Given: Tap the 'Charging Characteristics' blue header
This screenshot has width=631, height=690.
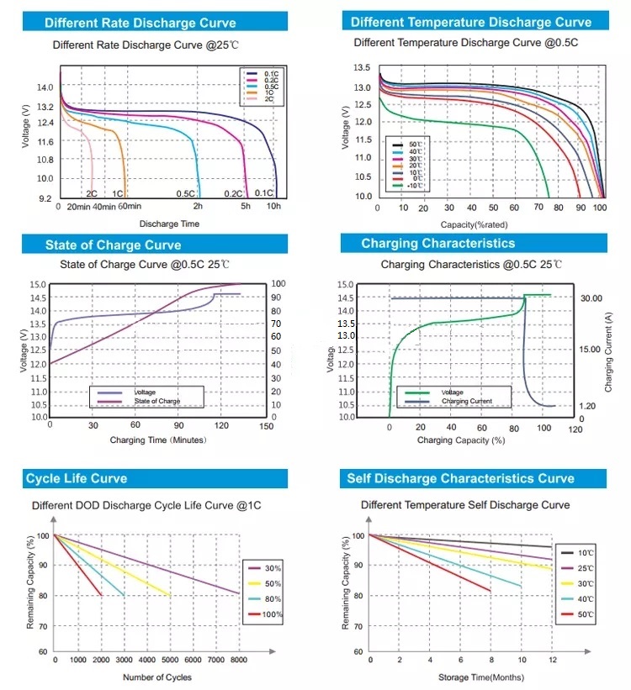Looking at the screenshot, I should click(437, 244).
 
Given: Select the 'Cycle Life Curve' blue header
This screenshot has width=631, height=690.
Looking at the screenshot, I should click(77, 478).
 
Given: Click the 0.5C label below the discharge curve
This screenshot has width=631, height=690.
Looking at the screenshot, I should click(186, 194).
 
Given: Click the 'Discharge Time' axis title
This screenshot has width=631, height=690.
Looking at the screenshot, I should click(169, 224).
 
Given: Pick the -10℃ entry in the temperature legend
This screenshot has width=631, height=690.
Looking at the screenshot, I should click(413, 186).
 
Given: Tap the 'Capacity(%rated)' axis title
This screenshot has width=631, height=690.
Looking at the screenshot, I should click(474, 225).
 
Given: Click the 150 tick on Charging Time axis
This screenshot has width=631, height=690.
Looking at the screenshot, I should click(267, 426).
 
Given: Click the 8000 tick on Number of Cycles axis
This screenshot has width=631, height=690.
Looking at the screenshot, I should click(238, 661).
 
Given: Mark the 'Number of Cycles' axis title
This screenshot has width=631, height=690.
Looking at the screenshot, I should click(157, 677).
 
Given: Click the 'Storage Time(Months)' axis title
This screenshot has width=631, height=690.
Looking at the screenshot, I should click(481, 677).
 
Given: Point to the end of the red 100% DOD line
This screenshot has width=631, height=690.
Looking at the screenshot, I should click(102, 595).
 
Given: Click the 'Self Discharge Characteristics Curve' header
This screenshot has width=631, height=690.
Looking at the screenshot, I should click(460, 478).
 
